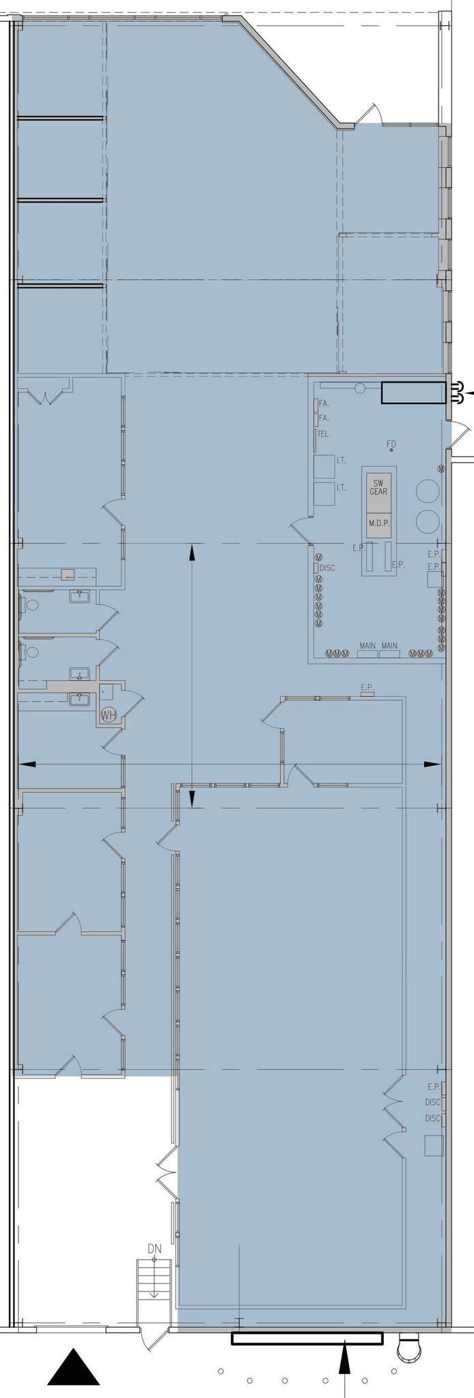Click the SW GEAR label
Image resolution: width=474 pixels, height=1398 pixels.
tap(378, 487)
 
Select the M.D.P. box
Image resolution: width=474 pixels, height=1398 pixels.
tap(378, 523)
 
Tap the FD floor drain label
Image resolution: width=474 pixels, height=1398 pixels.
tap(391, 444)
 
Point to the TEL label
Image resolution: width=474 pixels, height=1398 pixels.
tap(323, 434)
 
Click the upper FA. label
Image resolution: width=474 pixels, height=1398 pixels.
tap(324, 403)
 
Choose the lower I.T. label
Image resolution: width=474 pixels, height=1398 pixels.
tap(341, 487)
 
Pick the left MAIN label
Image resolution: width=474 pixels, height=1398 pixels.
tap(367, 646)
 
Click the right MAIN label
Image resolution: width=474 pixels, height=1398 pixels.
tap(389, 646)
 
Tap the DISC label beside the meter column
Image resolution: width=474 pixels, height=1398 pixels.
tap(327, 568)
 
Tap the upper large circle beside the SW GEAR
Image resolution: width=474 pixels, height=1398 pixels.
tap(428, 491)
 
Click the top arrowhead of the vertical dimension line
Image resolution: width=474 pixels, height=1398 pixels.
tap(192, 552)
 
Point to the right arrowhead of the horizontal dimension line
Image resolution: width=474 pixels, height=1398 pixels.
tap(432, 764)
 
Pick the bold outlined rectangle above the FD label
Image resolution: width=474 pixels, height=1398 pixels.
tap(413, 393)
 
